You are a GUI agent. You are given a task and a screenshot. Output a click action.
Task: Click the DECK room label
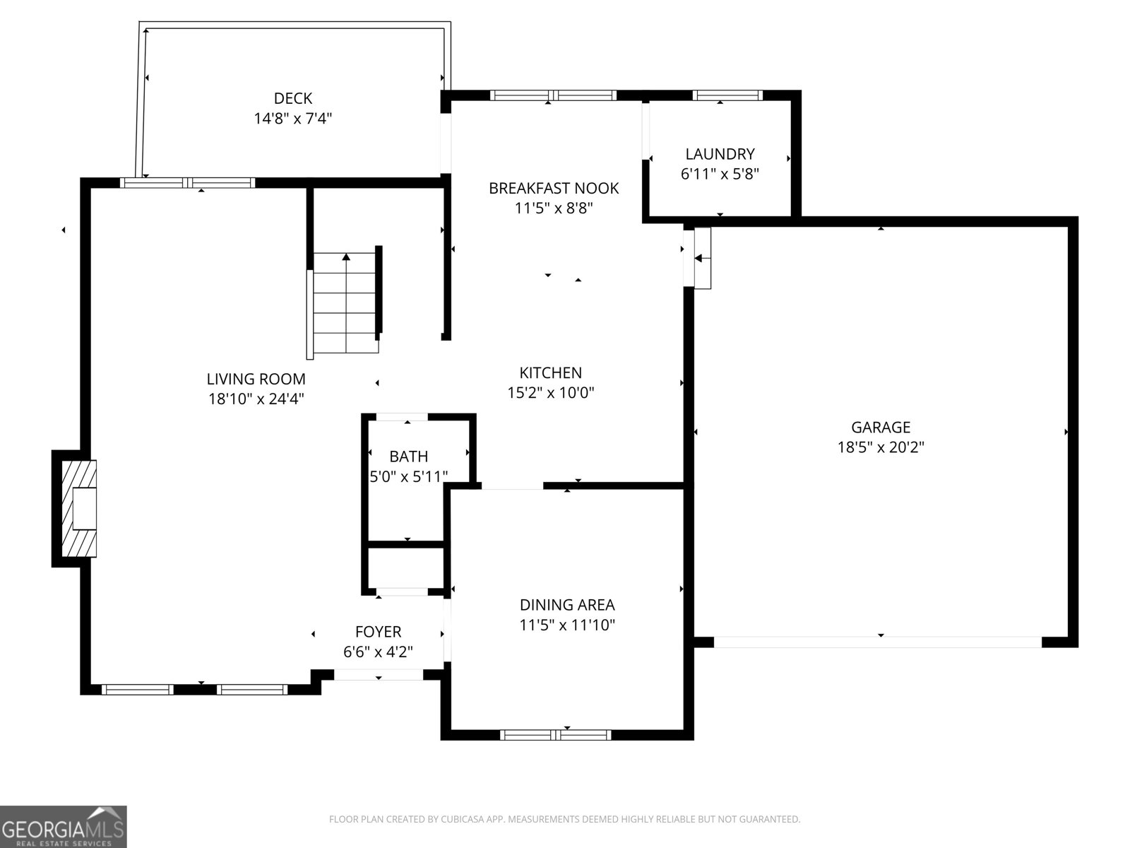click(292, 98)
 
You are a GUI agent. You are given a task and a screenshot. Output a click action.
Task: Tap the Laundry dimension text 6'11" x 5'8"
click(720, 174)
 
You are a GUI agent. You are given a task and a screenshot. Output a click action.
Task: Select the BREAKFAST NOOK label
click(554, 188)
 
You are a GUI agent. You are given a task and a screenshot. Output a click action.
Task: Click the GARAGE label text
click(881, 427)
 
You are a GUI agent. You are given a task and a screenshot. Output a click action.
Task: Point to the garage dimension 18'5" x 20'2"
click(881, 447)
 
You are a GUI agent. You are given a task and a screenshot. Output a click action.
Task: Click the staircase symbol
click(346, 304)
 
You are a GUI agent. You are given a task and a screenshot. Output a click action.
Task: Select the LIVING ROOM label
click(256, 379)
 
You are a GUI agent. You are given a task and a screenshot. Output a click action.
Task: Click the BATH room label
click(408, 457)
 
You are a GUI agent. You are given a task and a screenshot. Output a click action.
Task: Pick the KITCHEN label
click(550, 372)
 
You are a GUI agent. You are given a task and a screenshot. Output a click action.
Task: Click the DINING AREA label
click(567, 605)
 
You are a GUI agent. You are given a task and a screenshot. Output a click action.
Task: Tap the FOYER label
click(378, 632)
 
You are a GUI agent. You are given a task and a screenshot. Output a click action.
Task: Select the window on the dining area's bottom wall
click(556, 735)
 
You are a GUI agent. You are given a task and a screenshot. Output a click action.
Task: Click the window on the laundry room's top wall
click(727, 95)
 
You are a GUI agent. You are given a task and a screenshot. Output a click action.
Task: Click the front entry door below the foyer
click(378, 675)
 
